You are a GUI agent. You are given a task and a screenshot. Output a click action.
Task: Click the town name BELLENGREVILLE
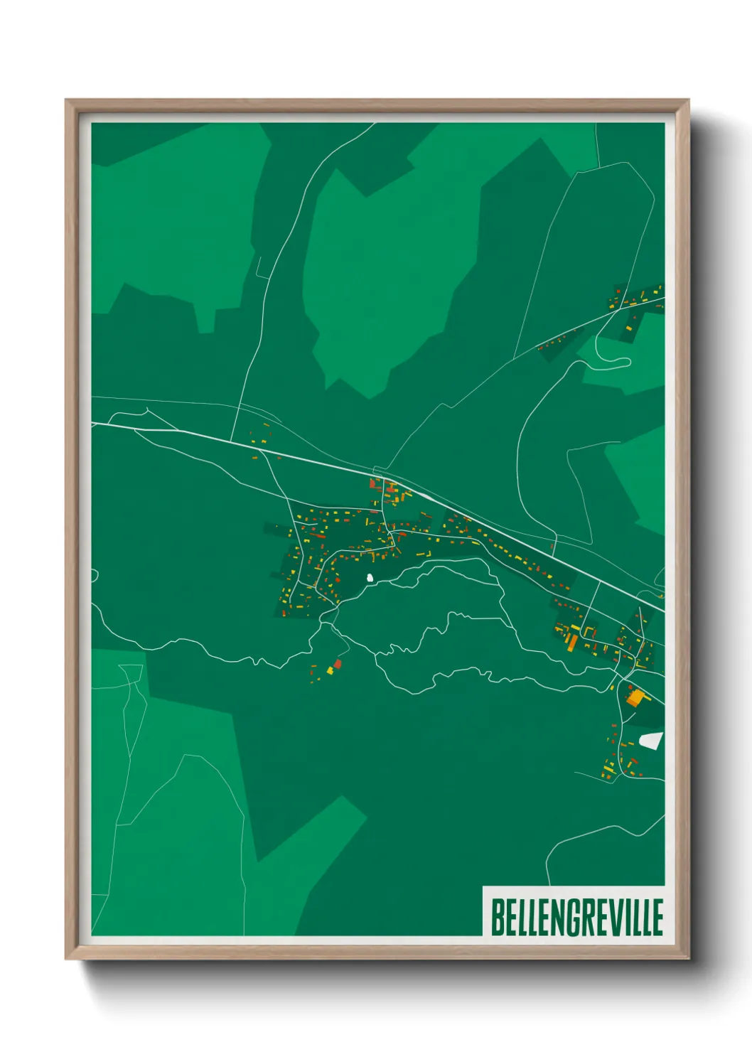click(576, 917)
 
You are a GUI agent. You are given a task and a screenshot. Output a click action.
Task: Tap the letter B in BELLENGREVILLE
click(497, 917)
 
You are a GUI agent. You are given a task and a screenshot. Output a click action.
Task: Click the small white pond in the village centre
click(370, 578)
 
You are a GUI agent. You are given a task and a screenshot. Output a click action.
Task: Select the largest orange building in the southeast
click(634, 697)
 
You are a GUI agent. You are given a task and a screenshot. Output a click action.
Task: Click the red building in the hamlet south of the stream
click(338, 664)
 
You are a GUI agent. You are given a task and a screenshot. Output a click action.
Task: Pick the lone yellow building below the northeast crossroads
click(629, 328)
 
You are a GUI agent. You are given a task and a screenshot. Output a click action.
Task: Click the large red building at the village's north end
click(372, 484)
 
